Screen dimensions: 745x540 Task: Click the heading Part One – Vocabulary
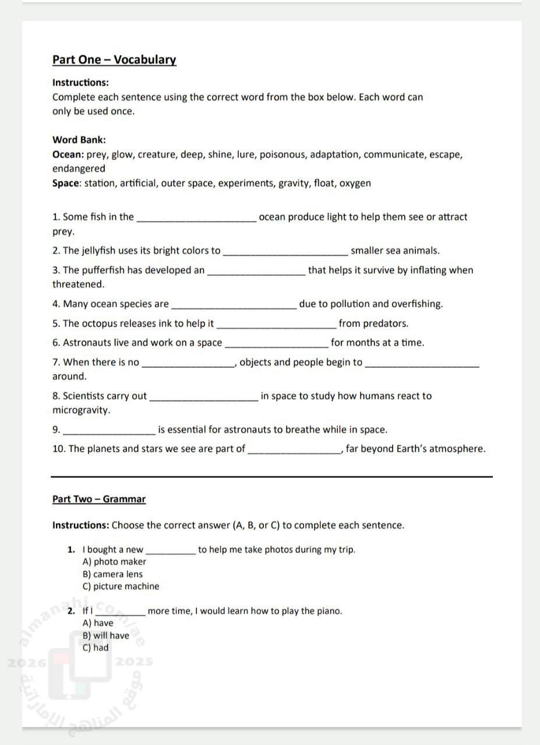click(114, 59)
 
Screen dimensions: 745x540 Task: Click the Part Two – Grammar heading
click(99, 499)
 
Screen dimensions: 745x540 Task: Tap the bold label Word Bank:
click(79, 140)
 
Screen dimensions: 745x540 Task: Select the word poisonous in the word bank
click(282, 154)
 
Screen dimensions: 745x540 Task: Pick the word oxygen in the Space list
click(355, 183)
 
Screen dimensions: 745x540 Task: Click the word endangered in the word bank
click(79, 169)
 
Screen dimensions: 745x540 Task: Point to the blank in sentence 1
click(195, 219)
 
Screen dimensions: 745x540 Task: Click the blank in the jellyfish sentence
click(285, 253)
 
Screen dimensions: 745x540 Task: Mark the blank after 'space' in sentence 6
click(276, 345)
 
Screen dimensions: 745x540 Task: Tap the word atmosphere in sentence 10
click(457, 449)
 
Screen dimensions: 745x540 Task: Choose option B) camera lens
click(113, 574)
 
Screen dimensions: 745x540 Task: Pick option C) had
click(96, 647)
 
